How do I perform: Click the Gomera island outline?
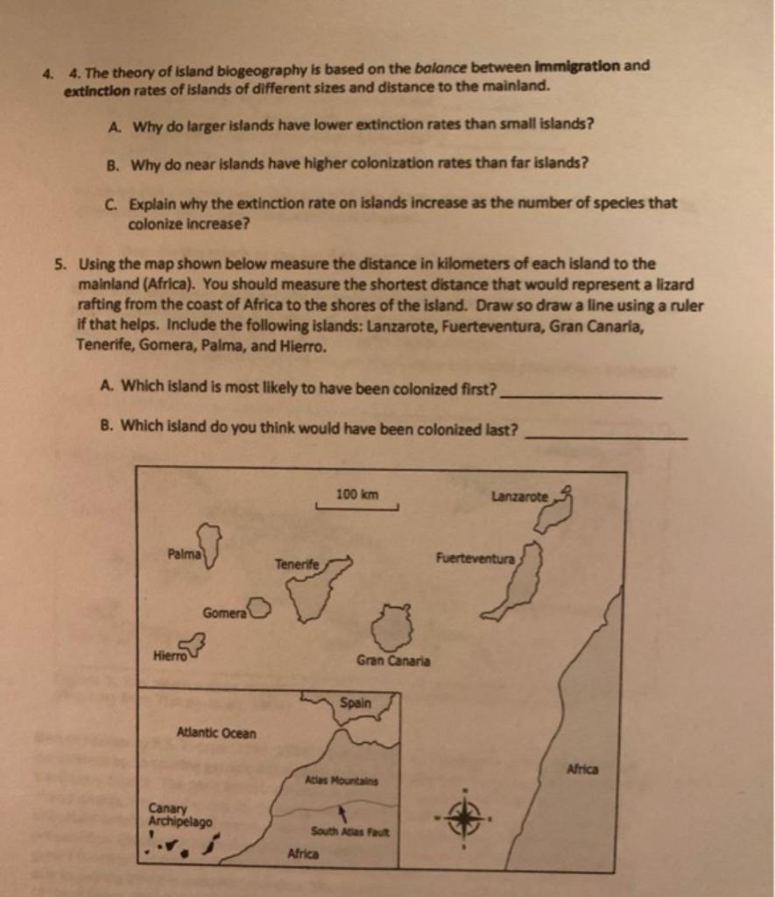click(260, 609)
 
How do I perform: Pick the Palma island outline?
click(210, 546)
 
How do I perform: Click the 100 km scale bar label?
click(357, 495)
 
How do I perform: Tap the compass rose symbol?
click(463, 818)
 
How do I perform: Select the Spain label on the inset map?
click(356, 703)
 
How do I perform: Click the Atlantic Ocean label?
click(216, 732)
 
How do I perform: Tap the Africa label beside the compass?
click(582, 769)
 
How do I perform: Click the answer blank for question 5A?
click(580, 394)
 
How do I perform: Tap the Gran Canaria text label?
click(393, 660)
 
